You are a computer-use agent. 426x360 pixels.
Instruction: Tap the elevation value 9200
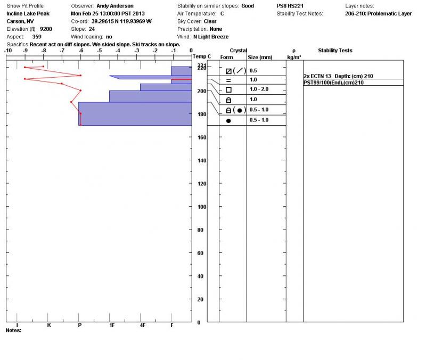tap(46, 29)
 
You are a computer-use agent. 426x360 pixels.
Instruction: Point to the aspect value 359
tap(37, 37)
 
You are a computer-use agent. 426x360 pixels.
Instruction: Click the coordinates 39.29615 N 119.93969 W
tap(121, 21)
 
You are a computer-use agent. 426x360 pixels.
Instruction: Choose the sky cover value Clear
tap(210, 21)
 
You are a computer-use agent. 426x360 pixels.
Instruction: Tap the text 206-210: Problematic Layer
tap(378, 14)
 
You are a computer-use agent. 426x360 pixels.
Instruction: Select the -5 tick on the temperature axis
tap(99, 51)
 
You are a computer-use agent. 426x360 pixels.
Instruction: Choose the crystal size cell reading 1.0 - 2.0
tap(259, 89)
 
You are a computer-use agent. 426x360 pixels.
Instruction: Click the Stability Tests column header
tap(335, 51)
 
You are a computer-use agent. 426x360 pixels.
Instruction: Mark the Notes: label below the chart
tap(13, 330)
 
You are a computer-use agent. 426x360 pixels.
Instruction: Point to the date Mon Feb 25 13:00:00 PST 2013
tap(108, 13)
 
